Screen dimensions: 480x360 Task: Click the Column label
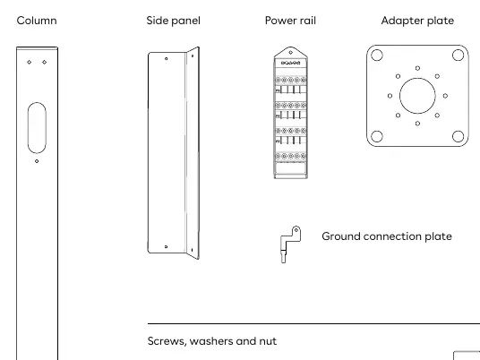pos(37,21)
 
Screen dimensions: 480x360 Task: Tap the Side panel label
pos(173,21)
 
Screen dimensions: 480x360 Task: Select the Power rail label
pos(290,21)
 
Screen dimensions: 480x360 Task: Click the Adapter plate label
pos(417,21)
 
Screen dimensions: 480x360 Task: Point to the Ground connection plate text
pos(387,236)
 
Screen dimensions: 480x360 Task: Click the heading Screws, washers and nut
pos(212,341)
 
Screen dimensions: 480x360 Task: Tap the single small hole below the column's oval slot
pos(37,161)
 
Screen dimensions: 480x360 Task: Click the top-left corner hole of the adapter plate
pos(377,56)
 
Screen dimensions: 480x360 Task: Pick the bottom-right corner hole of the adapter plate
pos(458,136)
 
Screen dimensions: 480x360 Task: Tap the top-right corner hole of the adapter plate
pos(458,56)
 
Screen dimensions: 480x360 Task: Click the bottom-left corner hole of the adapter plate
pos(377,136)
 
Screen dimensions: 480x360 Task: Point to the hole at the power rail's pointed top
pos(290,52)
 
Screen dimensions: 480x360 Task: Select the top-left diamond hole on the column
pos(29,62)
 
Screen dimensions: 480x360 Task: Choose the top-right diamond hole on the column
pos(45,62)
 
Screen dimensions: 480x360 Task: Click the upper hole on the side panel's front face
pos(167,58)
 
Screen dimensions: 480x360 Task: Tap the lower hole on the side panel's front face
pos(167,247)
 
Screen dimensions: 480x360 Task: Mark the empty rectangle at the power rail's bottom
pos(290,168)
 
